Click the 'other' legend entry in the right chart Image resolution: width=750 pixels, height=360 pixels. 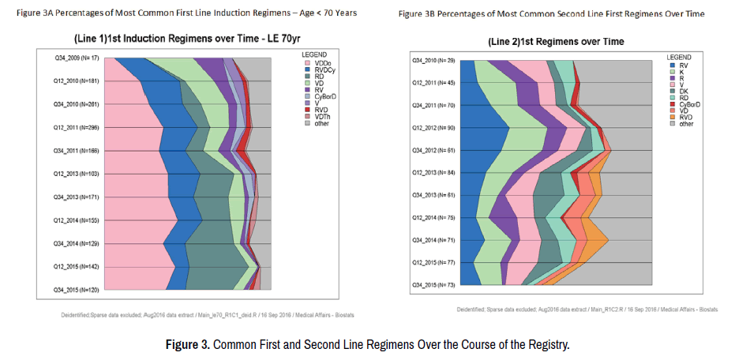coord(684,123)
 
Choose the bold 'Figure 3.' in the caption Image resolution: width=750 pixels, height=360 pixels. coord(188,345)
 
